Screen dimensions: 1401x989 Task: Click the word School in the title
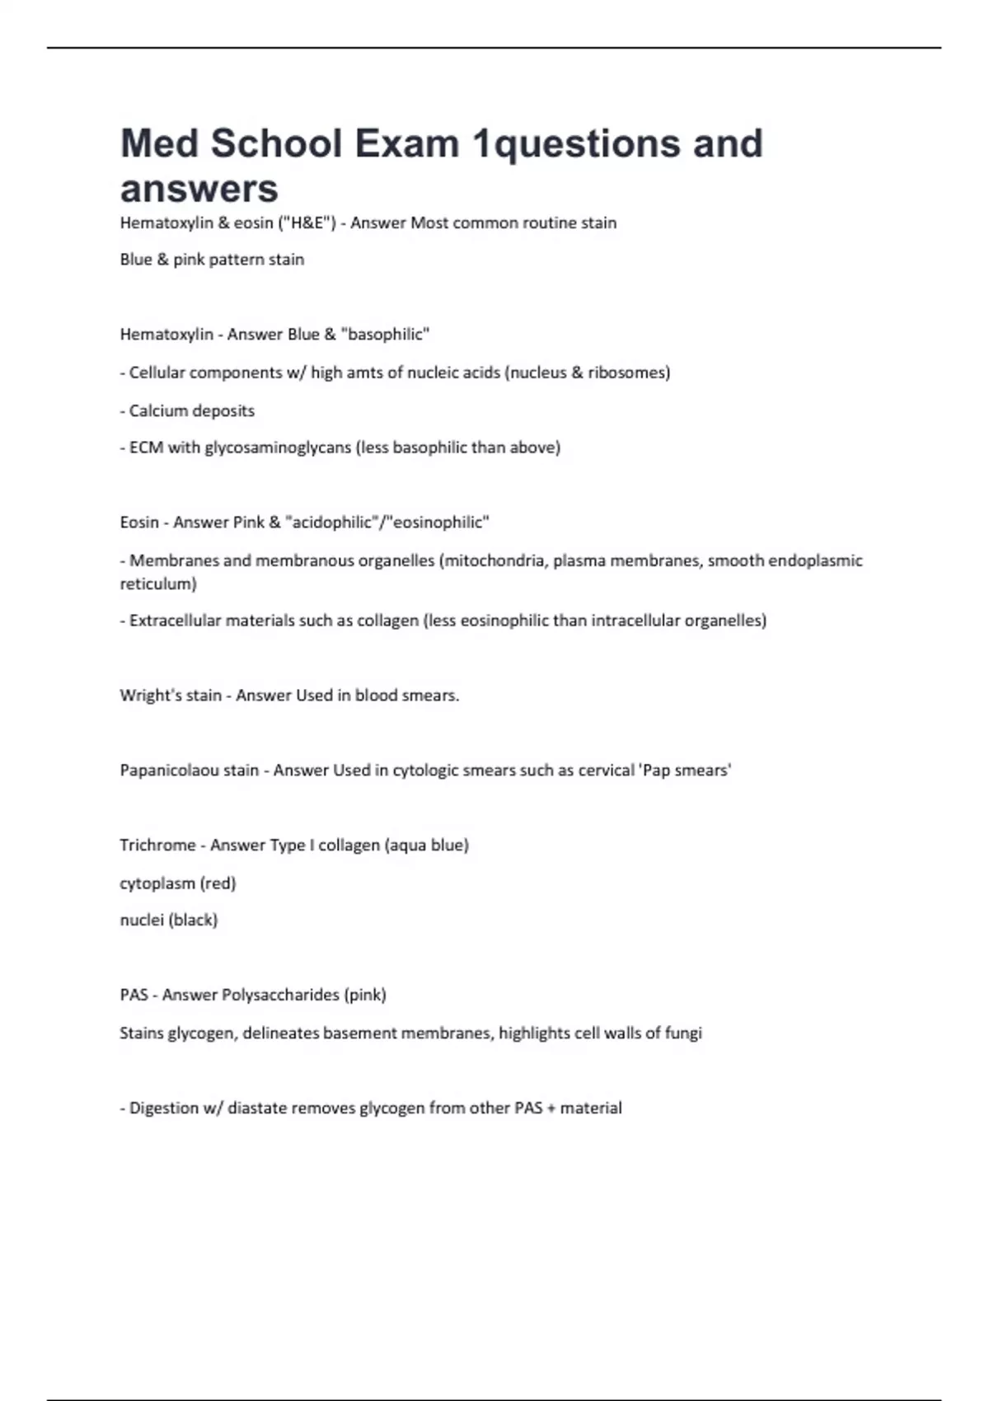(x=276, y=143)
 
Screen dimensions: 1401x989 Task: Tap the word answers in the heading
(x=199, y=189)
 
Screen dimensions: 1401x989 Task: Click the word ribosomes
(x=626, y=373)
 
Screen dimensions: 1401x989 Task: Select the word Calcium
(x=157, y=410)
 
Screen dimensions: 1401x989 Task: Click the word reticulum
(x=158, y=583)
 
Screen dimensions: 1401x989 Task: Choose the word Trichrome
(x=157, y=846)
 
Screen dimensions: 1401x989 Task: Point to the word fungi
(x=684, y=1033)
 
